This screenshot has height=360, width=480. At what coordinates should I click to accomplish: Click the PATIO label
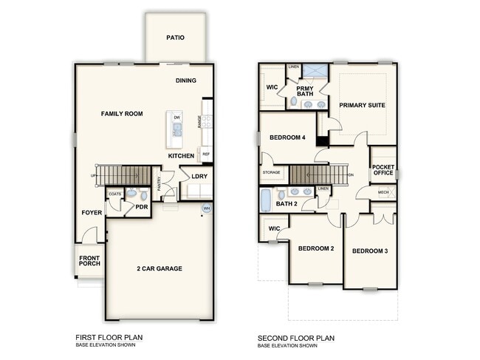coord(175,37)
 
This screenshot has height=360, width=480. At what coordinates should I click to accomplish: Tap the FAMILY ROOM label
coord(122,114)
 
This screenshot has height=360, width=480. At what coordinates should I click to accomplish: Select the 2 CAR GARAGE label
coord(160,268)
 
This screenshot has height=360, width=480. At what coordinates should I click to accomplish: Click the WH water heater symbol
coord(206,209)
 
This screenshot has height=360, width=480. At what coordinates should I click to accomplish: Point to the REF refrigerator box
coord(206,154)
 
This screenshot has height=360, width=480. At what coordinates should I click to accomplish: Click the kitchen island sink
coord(176,132)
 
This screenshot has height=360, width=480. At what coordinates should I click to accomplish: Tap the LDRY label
coord(199,177)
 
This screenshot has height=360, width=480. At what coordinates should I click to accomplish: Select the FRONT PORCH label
coord(89,260)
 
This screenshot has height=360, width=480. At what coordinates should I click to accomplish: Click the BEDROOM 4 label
coord(288,137)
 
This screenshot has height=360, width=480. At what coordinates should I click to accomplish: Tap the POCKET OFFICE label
coord(383,171)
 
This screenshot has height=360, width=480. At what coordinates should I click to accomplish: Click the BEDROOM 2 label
coord(316,248)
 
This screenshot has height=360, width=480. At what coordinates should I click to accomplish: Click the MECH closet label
coord(383,192)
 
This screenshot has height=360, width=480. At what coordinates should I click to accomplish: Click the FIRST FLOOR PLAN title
coord(109,337)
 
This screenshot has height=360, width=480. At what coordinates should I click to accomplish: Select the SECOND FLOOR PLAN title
coord(296,337)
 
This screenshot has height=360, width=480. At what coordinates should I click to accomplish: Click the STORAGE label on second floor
coord(271,173)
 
